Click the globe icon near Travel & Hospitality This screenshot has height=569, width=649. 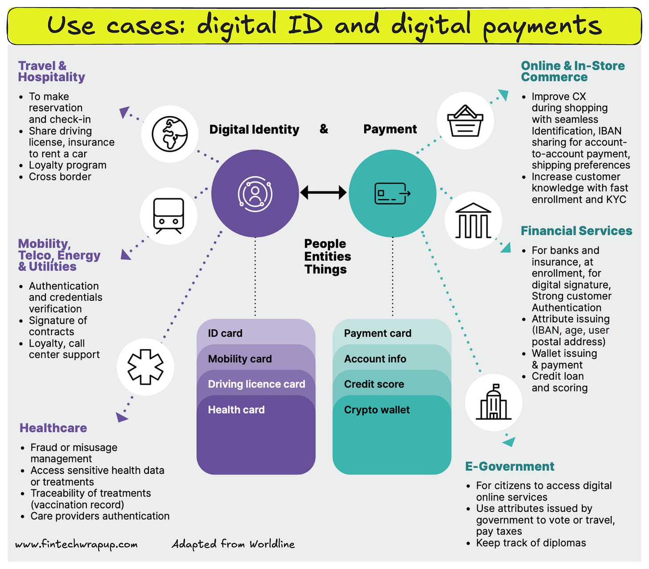(x=170, y=134)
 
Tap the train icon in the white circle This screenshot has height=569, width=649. (x=168, y=216)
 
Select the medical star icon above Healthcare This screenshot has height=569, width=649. (x=145, y=367)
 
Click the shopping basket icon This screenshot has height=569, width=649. (x=465, y=121)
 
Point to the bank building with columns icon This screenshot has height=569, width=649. (x=473, y=220)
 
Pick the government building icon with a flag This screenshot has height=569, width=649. (x=493, y=402)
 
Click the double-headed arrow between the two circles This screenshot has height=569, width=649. (x=324, y=193)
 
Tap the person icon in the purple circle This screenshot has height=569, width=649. (x=255, y=193)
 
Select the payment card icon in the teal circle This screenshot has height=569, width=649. (x=392, y=193)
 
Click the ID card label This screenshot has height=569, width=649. (x=225, y=333)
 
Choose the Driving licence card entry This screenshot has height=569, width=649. (x=256, y=384)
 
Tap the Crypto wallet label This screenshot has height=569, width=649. (x=377, y=410)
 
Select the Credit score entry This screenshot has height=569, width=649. (x=374, y=384)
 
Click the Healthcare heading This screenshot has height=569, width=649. (x=53, y=428)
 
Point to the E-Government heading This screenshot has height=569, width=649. (x=509, y=466)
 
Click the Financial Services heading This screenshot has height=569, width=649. (x=576, y=231)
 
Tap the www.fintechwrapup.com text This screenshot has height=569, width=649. (x=76, y=544)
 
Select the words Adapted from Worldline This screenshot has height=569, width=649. (x=233, y=544)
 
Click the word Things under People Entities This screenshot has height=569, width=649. (x=325, y=270)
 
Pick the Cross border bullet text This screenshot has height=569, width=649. (x=60, y=177)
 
